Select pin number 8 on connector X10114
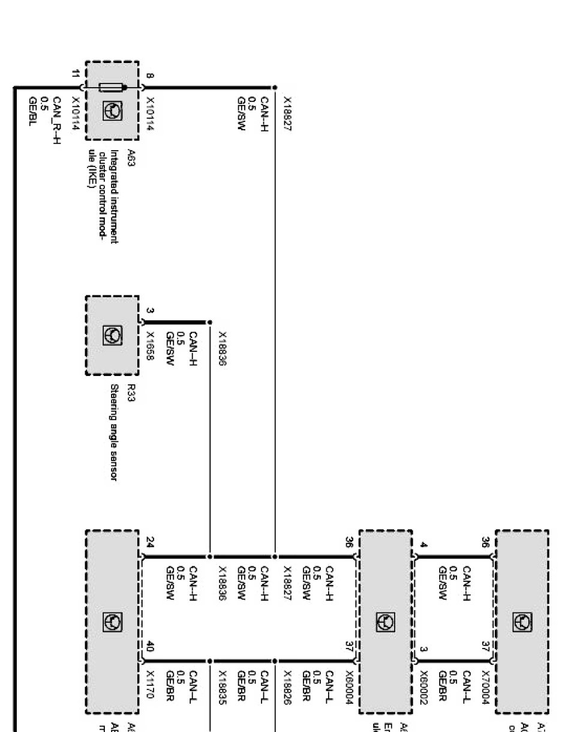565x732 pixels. pyautogui.click(x=149, y=76)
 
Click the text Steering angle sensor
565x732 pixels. pyautogui.click(x=113, y=432)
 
